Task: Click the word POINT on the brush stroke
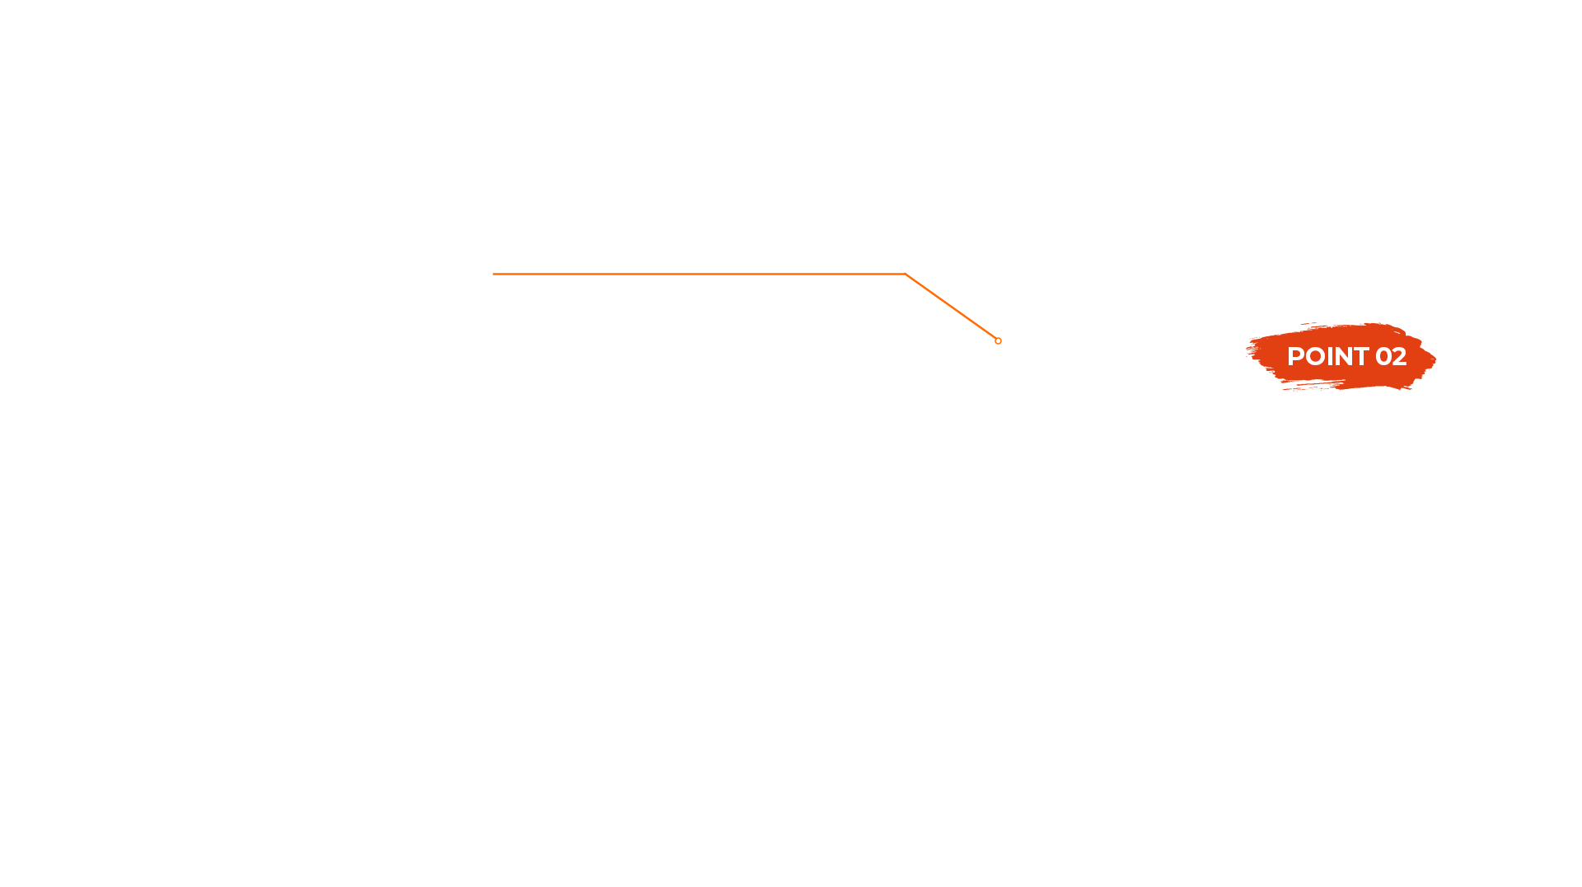1327,356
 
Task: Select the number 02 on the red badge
1391,356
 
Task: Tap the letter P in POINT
1295,356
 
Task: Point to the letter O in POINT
1313,356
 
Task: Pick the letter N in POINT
1341,356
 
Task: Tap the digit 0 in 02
1383,356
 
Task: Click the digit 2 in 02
1399,356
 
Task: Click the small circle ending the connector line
998,340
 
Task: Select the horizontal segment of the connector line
873,273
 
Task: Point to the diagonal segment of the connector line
951,306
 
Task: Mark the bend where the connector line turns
905,273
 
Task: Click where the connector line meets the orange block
844,273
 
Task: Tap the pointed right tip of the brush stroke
1435,359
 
